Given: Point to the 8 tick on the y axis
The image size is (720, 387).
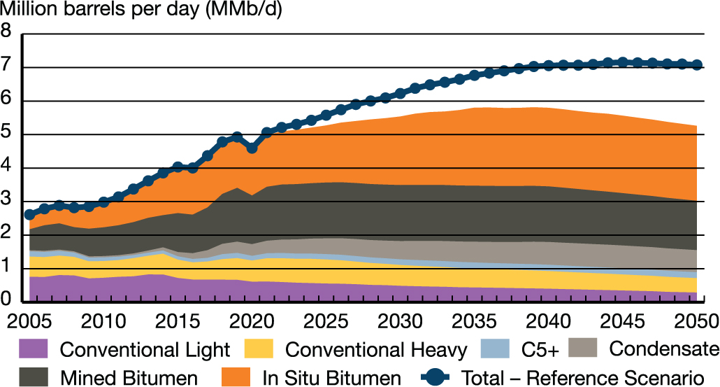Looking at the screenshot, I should (x=6, y=31).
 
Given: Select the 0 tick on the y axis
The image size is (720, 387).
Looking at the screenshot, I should (x=6, y=301).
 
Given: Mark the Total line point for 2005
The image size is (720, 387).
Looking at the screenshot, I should (x=29, y=214).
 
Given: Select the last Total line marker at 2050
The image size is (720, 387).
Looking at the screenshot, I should (x=697, y=65).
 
